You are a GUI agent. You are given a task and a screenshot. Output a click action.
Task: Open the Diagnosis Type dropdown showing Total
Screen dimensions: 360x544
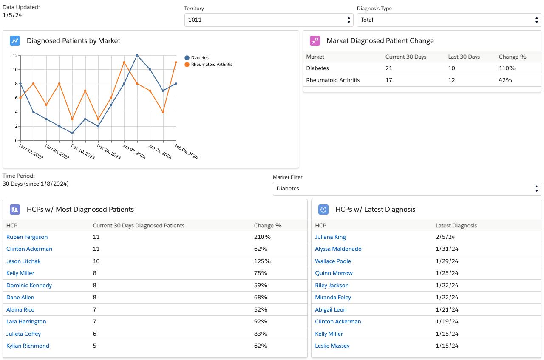(449, 20)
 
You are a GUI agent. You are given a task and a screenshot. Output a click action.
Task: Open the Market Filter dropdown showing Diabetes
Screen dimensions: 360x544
(407, 189)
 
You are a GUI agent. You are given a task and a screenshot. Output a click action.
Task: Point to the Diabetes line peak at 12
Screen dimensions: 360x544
(137, 55)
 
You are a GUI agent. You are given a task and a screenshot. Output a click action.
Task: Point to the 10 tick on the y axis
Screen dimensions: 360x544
(15, 69)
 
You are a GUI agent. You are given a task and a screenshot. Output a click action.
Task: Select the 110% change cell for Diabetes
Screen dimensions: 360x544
(507, 68)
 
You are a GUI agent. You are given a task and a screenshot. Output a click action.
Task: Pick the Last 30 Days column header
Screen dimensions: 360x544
(464, 57)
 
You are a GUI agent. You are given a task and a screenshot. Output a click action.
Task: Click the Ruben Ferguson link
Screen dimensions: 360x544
(27, 237)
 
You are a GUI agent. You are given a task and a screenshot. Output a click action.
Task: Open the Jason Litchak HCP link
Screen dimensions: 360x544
(23, 261)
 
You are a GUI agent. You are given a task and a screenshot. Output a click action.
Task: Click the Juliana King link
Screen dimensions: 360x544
(330, 237)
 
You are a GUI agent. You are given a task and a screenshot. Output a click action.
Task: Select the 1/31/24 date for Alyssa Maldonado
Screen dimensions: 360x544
(447, 249)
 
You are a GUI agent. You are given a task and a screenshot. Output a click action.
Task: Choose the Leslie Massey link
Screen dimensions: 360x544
(332, 346)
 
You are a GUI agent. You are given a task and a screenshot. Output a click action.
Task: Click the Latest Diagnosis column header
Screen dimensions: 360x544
(456, 226)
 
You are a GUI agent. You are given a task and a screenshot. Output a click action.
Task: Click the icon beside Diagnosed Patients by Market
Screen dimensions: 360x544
(15, 41)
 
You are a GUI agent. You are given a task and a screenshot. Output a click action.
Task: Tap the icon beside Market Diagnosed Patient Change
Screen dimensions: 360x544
(315, 41)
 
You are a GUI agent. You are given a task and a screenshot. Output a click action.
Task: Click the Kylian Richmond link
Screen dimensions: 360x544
(28, 346)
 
